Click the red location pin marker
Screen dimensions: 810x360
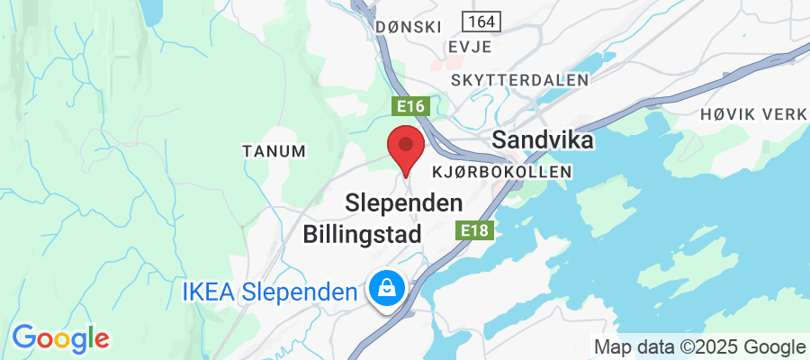tap(406, 148)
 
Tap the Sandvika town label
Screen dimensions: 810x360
tap(543, 141)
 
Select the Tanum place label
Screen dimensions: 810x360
tap(274, 151)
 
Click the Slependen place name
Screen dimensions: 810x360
tap(405, 203)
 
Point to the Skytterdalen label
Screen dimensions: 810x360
tap(520, 80)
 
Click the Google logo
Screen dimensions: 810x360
tap(60, 338)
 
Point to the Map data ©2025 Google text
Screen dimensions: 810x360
tap(699, 346)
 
